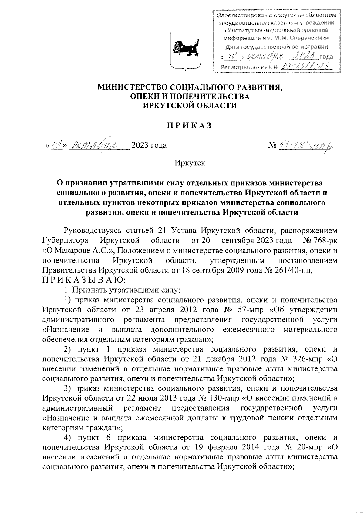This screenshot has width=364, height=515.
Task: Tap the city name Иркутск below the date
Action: [190, 163]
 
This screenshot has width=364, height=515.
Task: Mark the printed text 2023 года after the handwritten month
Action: [149, 145]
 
